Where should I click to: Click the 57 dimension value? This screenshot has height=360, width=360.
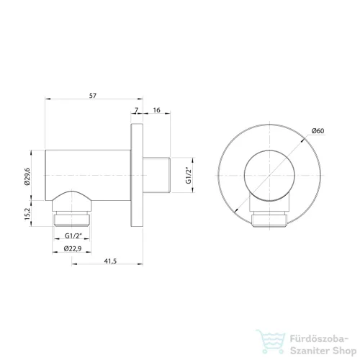pos(93,96)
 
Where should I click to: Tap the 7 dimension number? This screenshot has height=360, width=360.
pos(136,110)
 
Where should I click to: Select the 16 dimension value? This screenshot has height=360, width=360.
pos(156,110)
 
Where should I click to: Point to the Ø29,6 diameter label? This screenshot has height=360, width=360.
pos(27,176)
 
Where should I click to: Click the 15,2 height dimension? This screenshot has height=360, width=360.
pos(27,214)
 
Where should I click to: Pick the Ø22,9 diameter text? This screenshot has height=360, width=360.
pos(73,248)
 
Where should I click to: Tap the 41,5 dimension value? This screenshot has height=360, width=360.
pos(110,261)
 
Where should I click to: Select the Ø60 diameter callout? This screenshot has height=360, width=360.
pos(318,131)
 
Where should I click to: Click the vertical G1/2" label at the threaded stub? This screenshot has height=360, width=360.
pos(189,176)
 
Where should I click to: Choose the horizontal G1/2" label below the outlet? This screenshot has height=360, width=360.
pos(73,235)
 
